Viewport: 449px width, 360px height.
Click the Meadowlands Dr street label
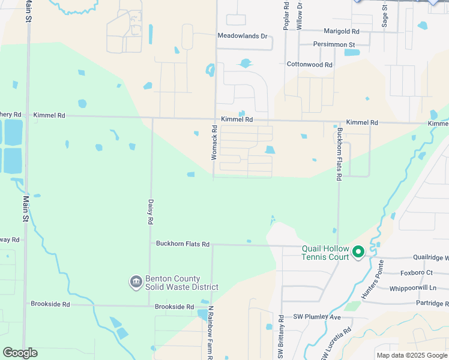(242, 36)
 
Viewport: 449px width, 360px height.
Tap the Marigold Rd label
(341, 31)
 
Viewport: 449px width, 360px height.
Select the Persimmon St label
(334, 44)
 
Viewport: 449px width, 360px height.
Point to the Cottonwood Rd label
(309, 64)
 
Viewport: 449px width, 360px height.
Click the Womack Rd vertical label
(214, 142)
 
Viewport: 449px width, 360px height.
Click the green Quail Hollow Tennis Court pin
(358, 252)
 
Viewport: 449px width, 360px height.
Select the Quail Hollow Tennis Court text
(324, 253)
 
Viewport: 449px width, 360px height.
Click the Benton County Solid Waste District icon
(136, 281)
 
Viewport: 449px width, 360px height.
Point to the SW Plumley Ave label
(316, 317)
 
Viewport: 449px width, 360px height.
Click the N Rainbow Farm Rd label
(211, 333)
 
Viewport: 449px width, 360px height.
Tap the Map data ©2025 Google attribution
(411, 355)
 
